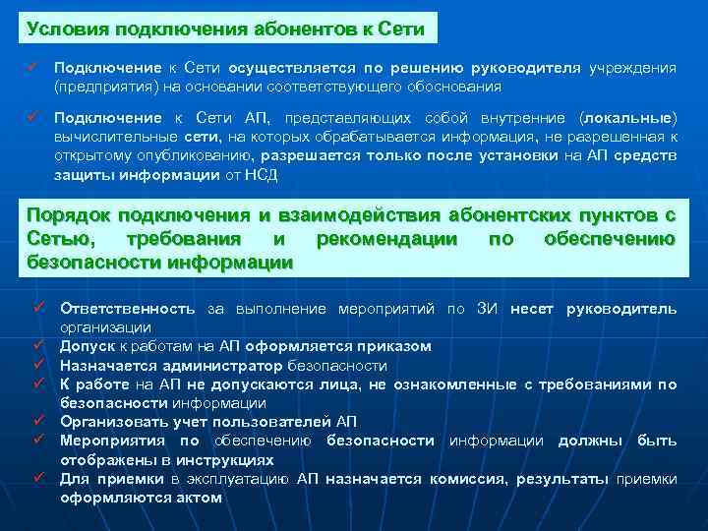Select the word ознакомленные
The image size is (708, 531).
click(448, 384)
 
